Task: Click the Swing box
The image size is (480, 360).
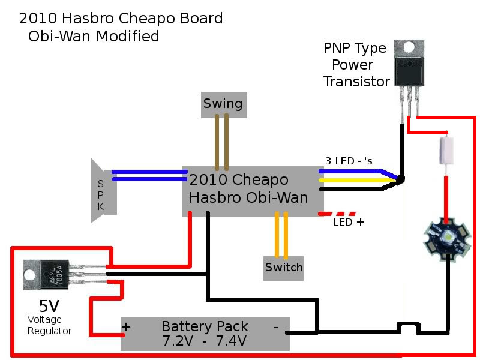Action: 223,104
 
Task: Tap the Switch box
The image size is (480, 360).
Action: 284,267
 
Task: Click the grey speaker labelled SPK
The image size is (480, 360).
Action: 103,190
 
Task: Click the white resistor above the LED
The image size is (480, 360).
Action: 446,149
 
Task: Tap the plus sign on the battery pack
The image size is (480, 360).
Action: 127,328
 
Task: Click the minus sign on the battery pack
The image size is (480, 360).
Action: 275,328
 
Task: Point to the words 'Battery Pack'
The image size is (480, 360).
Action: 205,327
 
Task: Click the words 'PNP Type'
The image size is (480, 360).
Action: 354,49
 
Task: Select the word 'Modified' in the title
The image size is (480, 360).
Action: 128,36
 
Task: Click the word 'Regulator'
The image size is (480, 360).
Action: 50,331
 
